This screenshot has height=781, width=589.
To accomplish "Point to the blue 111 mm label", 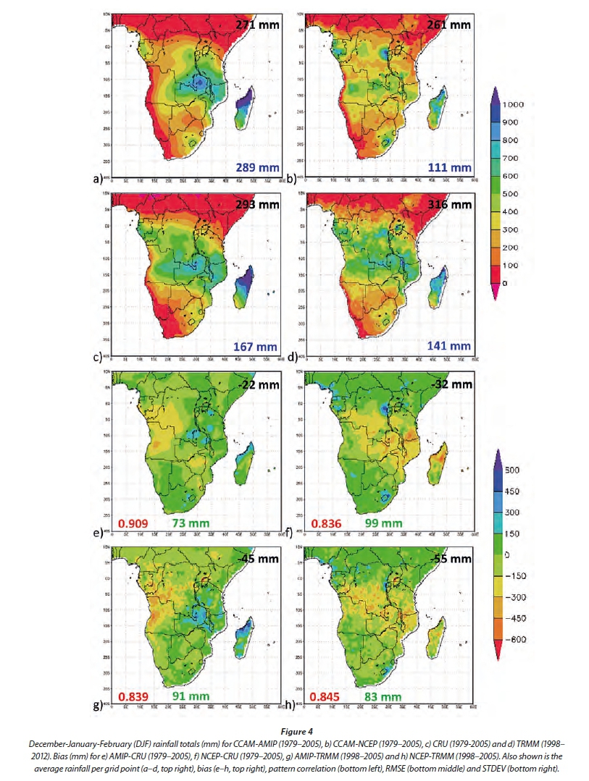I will (x=451, y=168).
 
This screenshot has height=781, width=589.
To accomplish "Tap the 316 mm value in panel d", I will (x=451, y=205).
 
